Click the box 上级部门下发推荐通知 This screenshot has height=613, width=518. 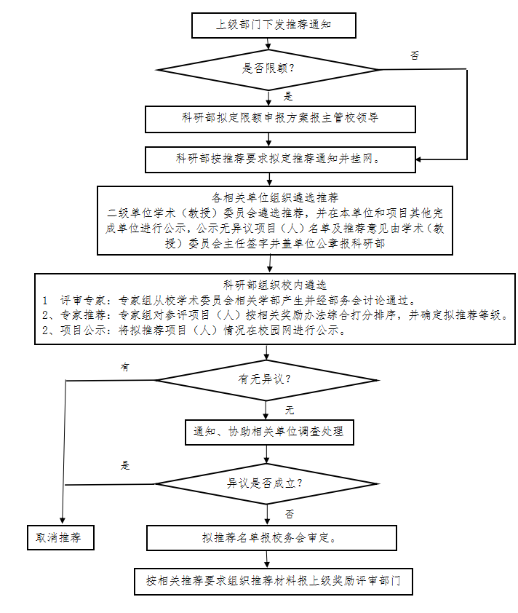[274, 25]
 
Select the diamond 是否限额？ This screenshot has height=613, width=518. [269, 70]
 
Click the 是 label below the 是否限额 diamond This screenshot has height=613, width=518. [288, 96]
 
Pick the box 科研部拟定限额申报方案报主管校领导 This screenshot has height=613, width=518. [280, 118]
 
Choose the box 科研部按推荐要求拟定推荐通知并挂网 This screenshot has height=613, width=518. [280, 158]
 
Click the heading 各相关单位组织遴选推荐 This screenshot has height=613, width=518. [275, 197]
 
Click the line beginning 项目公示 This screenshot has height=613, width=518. [192, 330]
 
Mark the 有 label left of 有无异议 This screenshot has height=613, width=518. [124, 368]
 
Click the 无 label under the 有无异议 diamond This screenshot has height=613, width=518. [289, 410]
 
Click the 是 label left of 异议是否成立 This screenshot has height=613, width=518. [124, 466]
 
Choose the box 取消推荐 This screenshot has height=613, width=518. [60, 538]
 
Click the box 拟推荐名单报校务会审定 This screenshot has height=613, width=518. [272, 539]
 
